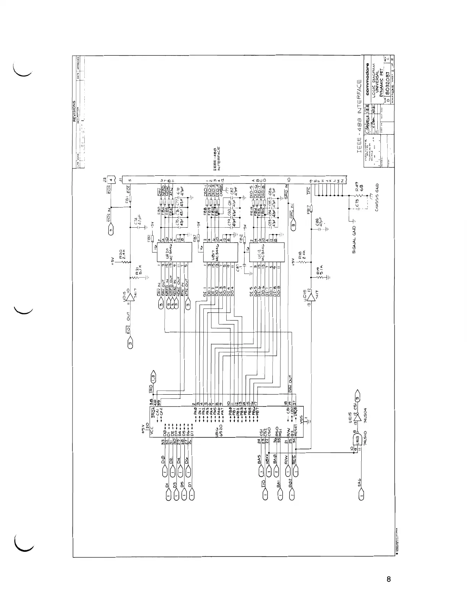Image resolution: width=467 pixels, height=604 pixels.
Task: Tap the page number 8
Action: (388, 579)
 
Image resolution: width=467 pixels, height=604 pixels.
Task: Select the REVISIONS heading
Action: (75, 111)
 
